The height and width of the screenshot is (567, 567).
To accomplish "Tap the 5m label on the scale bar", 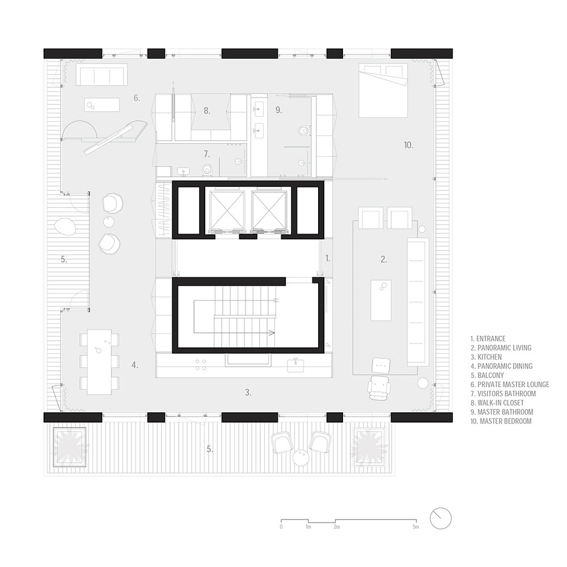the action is pos(416,527).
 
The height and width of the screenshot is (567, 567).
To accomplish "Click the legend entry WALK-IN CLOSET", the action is pos(497,403).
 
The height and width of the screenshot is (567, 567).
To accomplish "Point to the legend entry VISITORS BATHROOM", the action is pos(503,394).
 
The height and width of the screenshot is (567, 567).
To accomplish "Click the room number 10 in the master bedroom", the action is pos(409,145).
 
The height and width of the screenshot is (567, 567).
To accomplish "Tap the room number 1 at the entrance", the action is pos(328,258).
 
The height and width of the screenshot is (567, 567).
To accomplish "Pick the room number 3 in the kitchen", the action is pos(248,392).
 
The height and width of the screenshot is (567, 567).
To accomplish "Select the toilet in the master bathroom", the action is pos(304,130).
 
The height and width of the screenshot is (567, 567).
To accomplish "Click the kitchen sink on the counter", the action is pos(295,365).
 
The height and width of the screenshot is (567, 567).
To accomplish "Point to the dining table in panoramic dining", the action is pos(99,362).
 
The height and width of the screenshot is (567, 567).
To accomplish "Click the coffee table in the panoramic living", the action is pos(381,300).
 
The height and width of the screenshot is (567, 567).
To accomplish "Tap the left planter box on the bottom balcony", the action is pos(70,447).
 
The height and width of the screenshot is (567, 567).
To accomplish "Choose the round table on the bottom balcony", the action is pos(301,458).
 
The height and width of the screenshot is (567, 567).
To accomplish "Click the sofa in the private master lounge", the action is pos(102,75).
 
